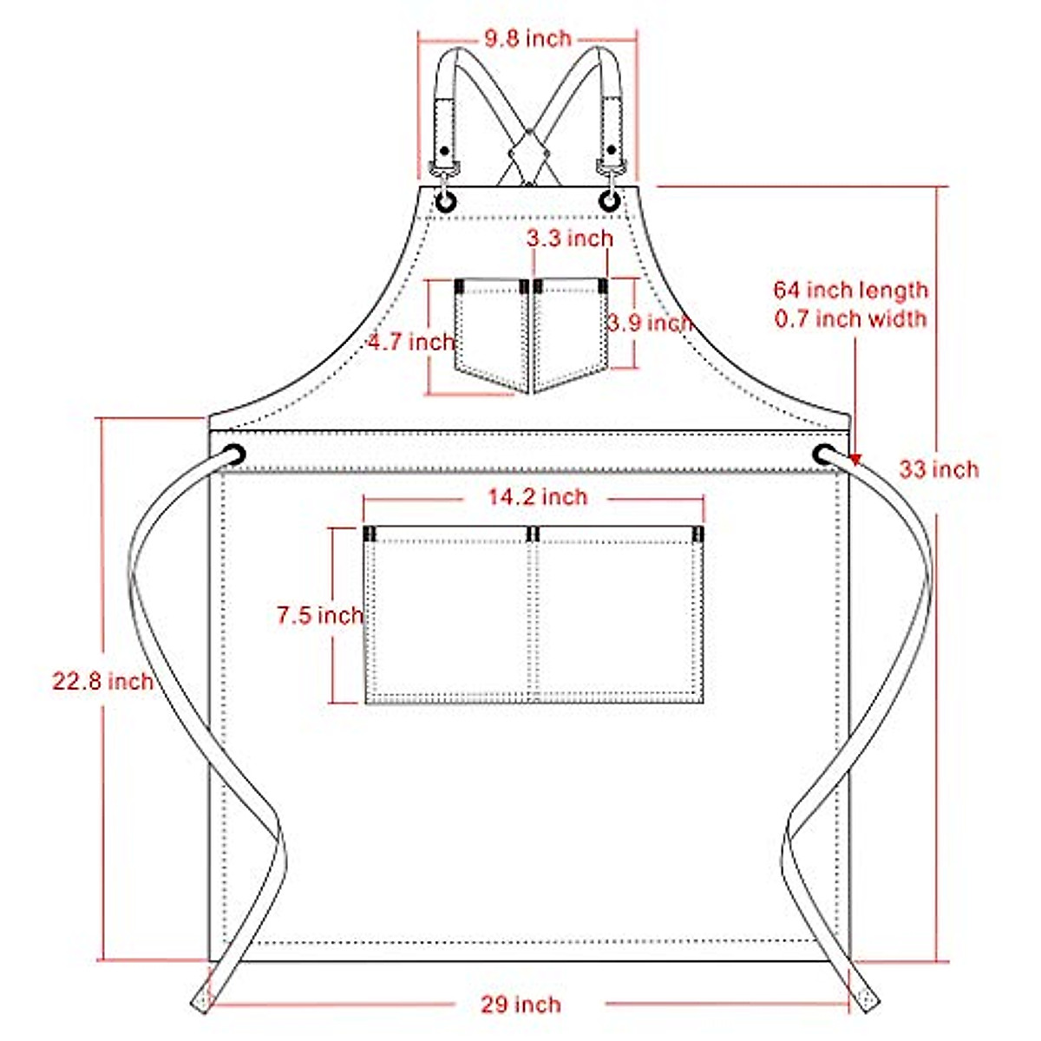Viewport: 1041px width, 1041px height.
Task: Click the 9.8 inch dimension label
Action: click(527, 38)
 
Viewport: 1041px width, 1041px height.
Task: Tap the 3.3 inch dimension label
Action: click(570, 239)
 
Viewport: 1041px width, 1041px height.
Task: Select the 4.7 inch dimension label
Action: click(411, 342)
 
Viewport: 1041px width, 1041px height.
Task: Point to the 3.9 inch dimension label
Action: click(649, 323)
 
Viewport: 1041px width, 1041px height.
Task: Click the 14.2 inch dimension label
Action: click(537, 497)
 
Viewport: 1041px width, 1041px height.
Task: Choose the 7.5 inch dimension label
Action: click(319, 616)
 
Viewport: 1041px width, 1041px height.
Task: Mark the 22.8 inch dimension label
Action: click(102, 682)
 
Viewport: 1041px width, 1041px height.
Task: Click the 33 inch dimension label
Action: click(939, 469)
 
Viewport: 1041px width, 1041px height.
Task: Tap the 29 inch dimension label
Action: click(520, 1005)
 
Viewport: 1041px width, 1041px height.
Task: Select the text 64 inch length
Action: click(850, 290)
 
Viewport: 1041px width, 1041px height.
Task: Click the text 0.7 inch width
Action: click(850, 319)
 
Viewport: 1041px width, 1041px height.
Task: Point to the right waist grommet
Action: click(822, 453)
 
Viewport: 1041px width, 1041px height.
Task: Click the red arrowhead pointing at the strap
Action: click(855, 459)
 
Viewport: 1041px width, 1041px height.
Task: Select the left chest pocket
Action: click(491, 334)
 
